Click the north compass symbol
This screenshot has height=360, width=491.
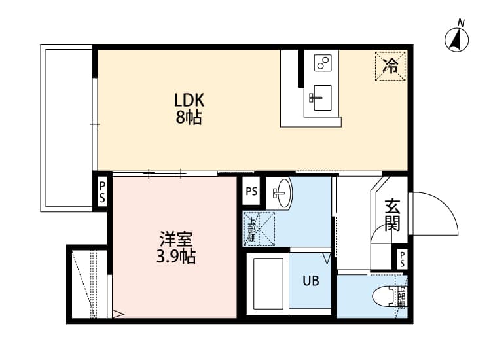(457, 41)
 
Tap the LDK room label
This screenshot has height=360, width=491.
(189, 100)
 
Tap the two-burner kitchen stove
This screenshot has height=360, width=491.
(322, 63)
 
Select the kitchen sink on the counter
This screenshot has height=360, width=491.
(321, 98)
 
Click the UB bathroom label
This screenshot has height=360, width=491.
(310, 281)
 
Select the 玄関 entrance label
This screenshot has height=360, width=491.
(391, 214)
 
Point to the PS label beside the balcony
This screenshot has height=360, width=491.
(102, 192)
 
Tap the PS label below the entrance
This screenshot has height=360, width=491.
(402, 257)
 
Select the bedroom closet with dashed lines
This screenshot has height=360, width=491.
(88, 283)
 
